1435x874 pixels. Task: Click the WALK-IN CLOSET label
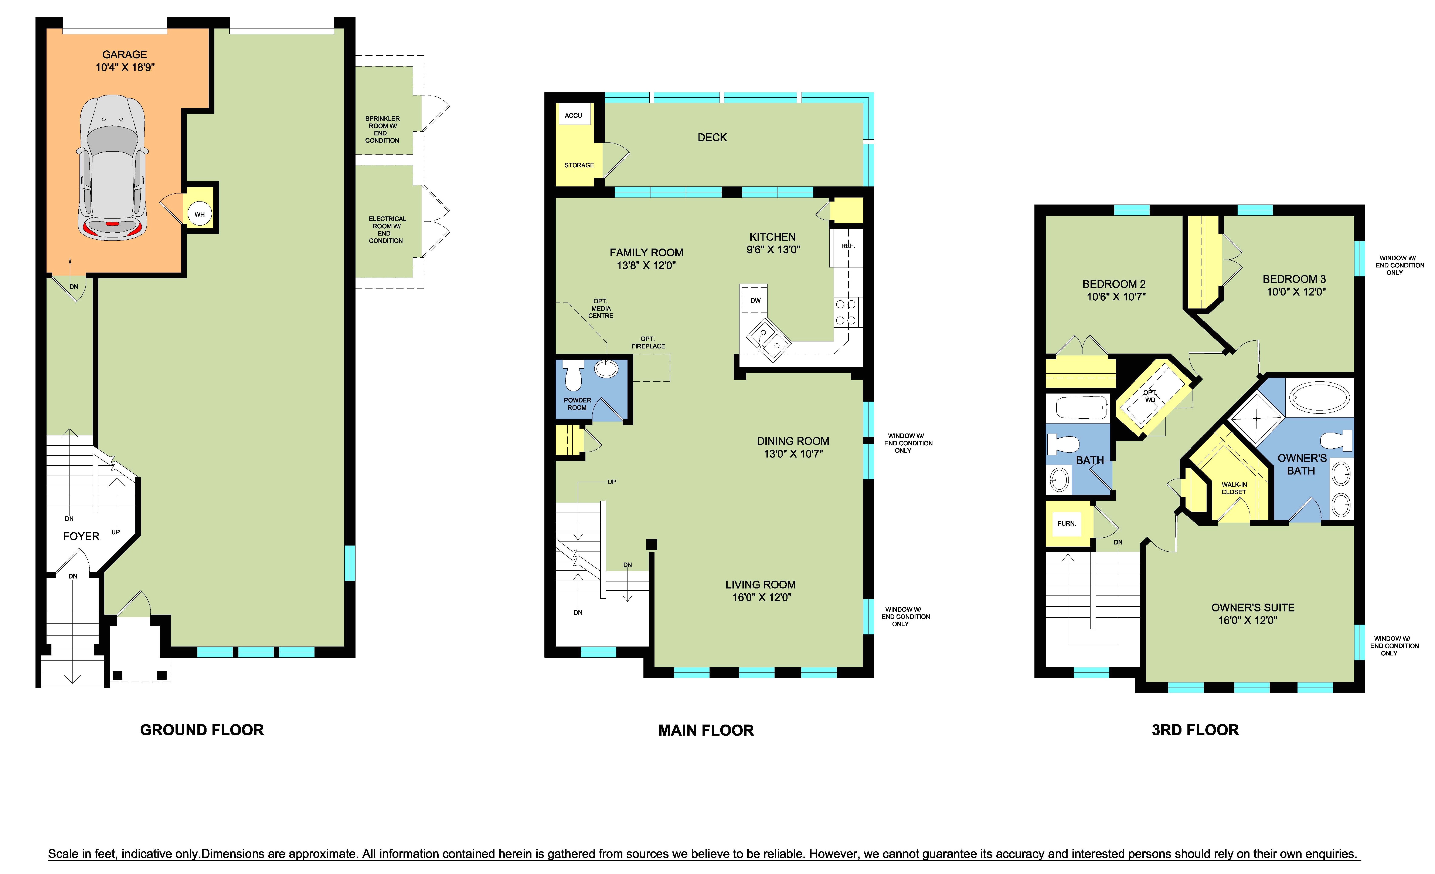pos(1234,488)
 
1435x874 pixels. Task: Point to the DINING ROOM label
pos(793,441)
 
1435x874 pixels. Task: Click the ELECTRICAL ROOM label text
pos(387,230)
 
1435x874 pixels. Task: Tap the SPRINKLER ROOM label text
pos(382,129)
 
